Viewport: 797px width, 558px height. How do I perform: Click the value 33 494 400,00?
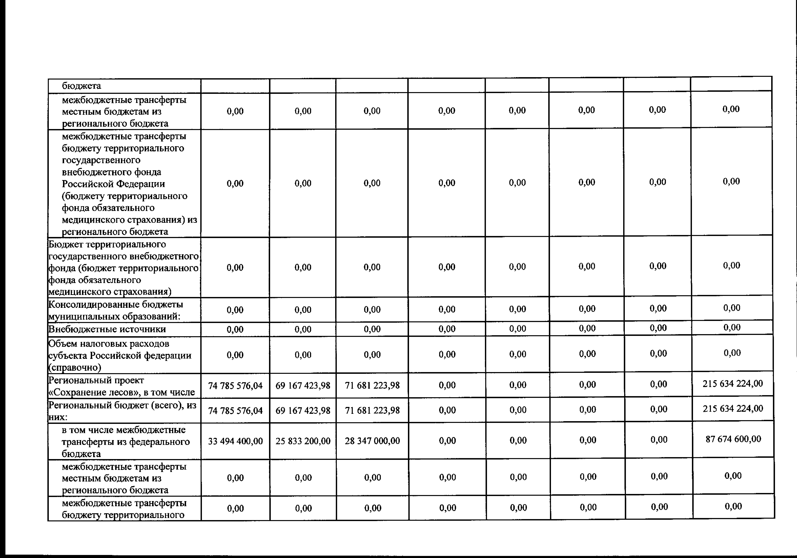pos(235,441)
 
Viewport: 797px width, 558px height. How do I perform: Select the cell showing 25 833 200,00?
pos(303,441)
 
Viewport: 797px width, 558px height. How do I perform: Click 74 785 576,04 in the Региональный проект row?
pos(235,386)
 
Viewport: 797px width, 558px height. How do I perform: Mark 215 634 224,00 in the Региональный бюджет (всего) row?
pos(733,408)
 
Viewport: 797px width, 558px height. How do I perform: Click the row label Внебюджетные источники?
pos(107,329)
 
